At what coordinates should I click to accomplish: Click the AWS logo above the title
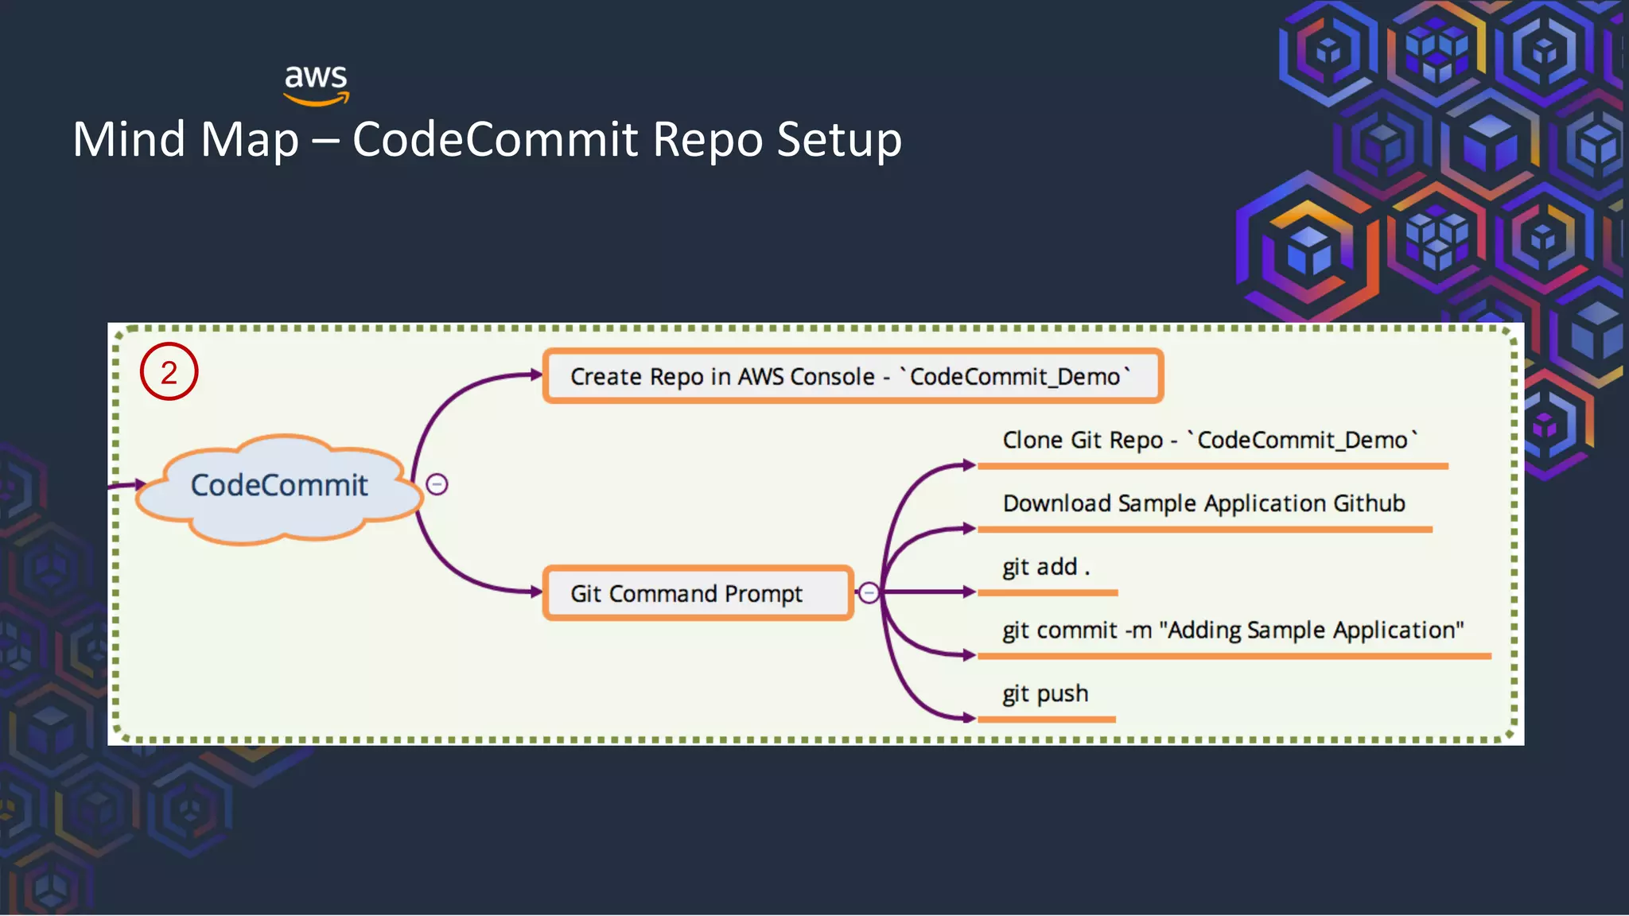click(x=317, y=83)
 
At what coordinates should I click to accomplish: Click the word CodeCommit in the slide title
click(x=495, y=140)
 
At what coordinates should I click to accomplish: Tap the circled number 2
click(x=169, y=372)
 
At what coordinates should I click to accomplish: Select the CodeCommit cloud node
click(x=278, y=486)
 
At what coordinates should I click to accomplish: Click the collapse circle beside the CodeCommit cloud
click(x=437, y=484)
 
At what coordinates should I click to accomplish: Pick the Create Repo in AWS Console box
click(x=853, y=376)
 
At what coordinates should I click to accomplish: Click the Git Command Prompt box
click(x=697, y=593)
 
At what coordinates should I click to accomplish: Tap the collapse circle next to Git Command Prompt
click(x=869, y=593)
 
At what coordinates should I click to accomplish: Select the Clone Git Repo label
click(x=1209, y=441)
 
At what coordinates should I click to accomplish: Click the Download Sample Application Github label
click(x=1203, y=503)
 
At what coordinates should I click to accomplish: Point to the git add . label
click(x=1045, y=567)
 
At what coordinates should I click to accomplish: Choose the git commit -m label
click(x=1231, y=631)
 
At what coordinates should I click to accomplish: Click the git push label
click(x=1044, y=693)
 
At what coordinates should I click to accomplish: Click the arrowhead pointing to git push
click(x=968, y=718)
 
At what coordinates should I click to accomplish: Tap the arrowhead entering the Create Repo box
click(x=536, y=375)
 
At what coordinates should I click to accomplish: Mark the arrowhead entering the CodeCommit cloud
click(x=140, y=484)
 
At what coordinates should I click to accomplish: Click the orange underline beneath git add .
click(x=1047, y=593)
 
